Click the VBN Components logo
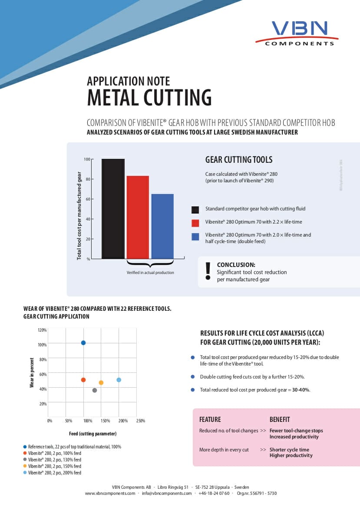point(297,33)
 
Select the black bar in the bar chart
point(113,209)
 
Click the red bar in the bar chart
point(138,217)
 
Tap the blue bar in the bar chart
point(162,226)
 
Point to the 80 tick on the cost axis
point(88,179)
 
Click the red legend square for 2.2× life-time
point(195,223)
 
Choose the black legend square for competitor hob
point(195,210)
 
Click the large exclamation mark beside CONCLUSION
point(208,271)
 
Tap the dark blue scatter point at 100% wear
point(83,343)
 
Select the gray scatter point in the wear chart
point(95,390)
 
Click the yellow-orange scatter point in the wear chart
point(101,383)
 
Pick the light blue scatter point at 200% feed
point(119,380)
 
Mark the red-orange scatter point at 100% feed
point(83,380)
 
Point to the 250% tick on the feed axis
point(141,421)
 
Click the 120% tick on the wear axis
point(43,330)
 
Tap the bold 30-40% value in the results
point(301,390)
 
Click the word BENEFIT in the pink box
point(280,420)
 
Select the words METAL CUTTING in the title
point(149,97)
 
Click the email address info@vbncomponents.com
point(167,493)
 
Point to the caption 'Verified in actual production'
point(150,273)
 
